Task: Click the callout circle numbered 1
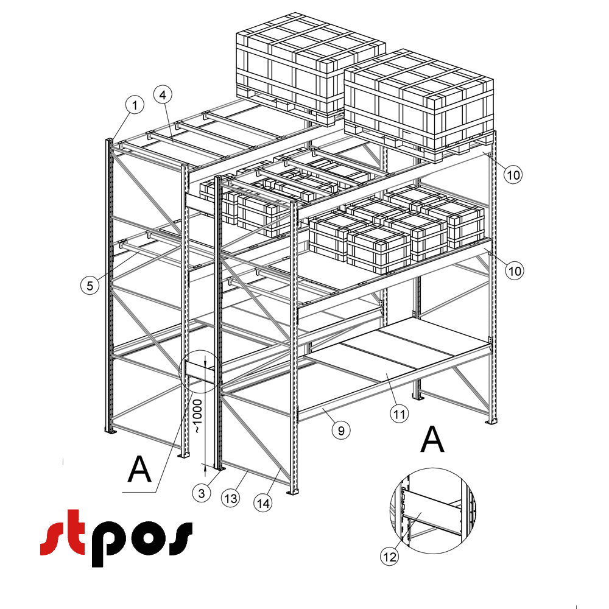pyautogui.click(x=135, y=105)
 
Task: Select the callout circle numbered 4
pyautogui.click(x=163, y=95)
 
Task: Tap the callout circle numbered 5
pyautogui.click(x=90, y=286)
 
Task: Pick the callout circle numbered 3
pyautogui.click(x=202, y=493)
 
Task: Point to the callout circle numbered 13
pyautogui.click(x=231, y=498)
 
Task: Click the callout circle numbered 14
pyautogui.click(x=263, y=504)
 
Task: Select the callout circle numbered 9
pyautogui.click(x=341, y=431)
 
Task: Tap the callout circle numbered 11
pyautogui.click(x=400, y=414)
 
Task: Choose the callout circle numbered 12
pyautogui.click(x=390, y=557)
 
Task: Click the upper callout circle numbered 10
pyautogui.click(x=513, y=175)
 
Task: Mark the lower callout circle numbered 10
pyautogui.click(x=515, y=271)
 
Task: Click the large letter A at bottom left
pyautogui.click(x=140, y=469)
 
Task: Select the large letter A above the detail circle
pyautogui.click(x=432, y=439)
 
